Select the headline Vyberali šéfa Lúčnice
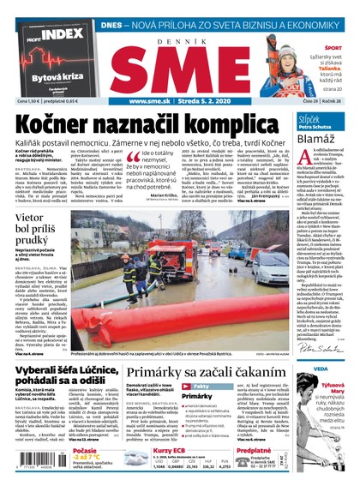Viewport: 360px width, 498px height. (x=59, y=349)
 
